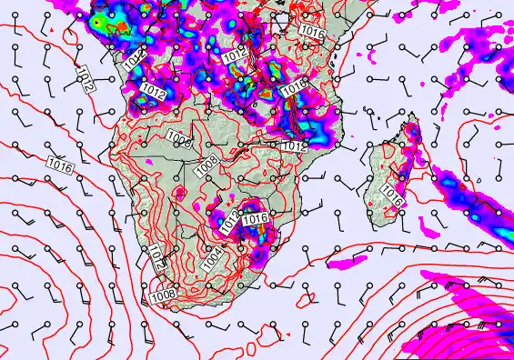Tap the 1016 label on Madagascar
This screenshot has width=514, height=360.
[393, 194]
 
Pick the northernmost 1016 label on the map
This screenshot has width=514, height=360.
[312, 31]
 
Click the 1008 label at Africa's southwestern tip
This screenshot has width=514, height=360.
[162, 294]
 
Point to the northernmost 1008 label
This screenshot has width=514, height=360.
[180, 139]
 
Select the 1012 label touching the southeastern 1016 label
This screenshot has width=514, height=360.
[231, 219]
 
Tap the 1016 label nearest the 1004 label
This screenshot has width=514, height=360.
[256, 219]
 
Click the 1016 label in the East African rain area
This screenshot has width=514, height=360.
[294, 88]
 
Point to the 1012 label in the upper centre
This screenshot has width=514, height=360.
[234, 57]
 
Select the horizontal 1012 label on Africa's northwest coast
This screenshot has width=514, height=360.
[152, 92]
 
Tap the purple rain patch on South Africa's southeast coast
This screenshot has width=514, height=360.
[257, 257]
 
